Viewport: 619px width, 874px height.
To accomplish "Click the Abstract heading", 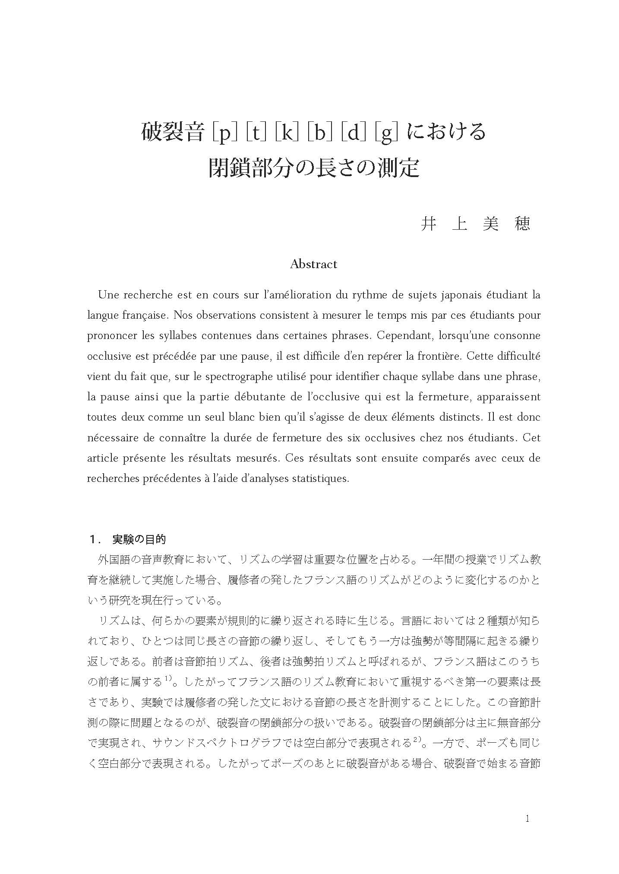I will tap(313, 264).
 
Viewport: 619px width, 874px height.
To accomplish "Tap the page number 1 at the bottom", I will tap(527, 819).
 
